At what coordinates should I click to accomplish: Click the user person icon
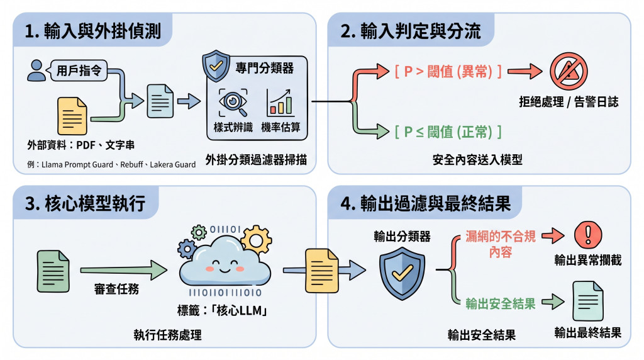(36, 70)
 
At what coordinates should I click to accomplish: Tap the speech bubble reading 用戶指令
(77, 70)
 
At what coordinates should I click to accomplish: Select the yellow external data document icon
(72, 116)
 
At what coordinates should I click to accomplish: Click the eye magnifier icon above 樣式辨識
(233, 103)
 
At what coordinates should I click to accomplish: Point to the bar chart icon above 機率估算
(280, 103)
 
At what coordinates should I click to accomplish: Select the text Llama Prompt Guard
(77, 165)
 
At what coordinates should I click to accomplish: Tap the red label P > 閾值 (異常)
(448, 72)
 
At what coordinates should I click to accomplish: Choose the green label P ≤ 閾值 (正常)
(448, 132)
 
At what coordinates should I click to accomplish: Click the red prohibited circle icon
(569, 71)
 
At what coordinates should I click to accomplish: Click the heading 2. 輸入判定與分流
(410, 31)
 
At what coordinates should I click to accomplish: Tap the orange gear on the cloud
(257, 240)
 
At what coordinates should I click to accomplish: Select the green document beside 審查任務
(53, 271)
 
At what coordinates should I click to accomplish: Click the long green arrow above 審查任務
(124, 270)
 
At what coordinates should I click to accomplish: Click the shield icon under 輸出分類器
(402, 274)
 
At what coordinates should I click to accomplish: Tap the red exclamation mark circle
(588, 235)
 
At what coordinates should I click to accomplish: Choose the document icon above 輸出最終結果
(588, 301)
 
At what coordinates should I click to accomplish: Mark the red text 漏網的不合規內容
(500, 244)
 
